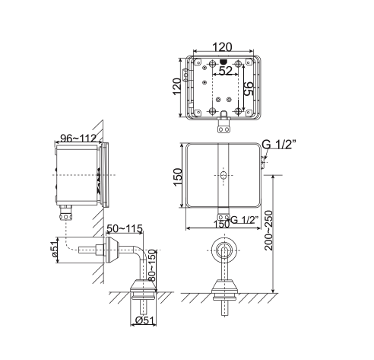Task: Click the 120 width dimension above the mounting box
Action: (222, 47)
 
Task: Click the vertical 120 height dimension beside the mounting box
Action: (176, 87)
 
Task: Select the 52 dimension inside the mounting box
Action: (226, 71)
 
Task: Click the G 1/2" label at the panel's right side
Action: (278, 145)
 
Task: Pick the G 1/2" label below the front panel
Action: (245, 221)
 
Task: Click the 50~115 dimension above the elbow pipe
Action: (125, 228)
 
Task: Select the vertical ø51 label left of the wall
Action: (55, 250)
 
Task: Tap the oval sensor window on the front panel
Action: (223, 176)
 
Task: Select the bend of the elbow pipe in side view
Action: (138, 252)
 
